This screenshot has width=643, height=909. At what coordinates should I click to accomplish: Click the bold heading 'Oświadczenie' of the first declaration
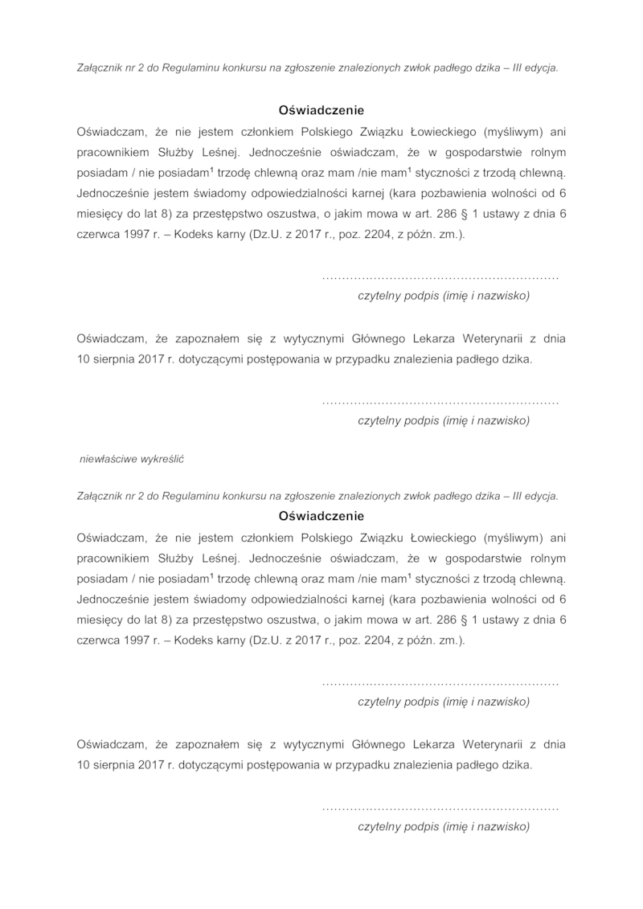point(321,110)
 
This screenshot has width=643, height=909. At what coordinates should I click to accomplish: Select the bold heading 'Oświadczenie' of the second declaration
point(321,516)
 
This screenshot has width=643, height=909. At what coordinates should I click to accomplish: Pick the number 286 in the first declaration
point(438,215)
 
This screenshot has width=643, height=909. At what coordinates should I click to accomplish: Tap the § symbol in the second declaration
point(461,620)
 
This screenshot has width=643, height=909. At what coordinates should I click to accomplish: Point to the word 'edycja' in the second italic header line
point(542,496)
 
